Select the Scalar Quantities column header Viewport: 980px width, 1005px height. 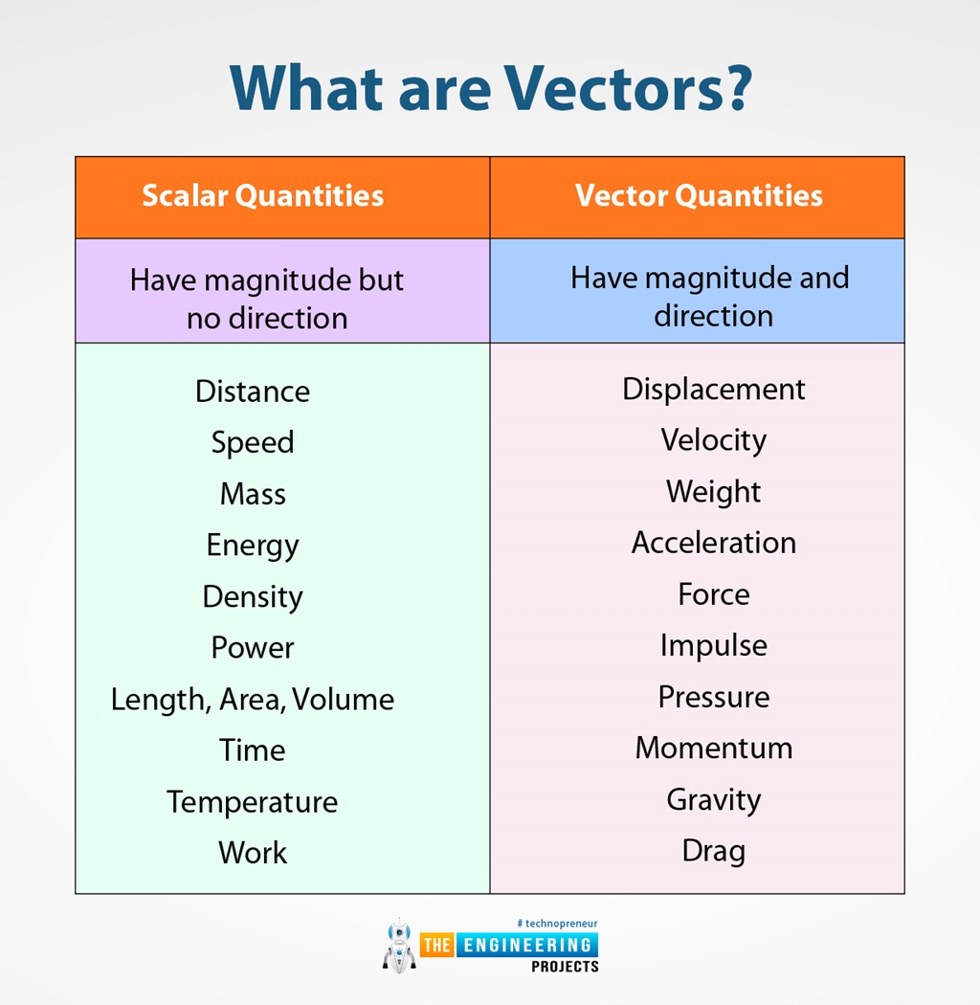coord(263,195)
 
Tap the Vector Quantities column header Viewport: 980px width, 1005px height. coord(699,195)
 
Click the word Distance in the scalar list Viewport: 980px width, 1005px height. coord(253,391)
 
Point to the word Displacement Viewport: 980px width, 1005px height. coord(714,389)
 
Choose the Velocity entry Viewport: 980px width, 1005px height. coord(714,440)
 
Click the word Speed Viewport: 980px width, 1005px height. coord(253,442)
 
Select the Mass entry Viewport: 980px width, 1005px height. coord(253,494)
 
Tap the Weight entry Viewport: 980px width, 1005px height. coord(714,492)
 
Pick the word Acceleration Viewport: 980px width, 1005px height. coord(714,543)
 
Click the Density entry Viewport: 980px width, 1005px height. coord(253,596)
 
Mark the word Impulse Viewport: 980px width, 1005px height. coord(714,646)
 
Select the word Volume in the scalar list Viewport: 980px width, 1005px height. coord(344,700)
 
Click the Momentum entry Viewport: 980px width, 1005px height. coord(714,748)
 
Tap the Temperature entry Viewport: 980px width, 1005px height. coord(253,801)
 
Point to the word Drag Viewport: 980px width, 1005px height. coord(714,851)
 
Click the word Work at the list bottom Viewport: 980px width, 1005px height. coord(253,853)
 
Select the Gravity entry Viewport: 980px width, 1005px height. coord(714,799)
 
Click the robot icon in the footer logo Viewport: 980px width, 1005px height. coord(399,947)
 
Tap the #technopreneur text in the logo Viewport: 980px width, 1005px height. coord(557,923)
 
